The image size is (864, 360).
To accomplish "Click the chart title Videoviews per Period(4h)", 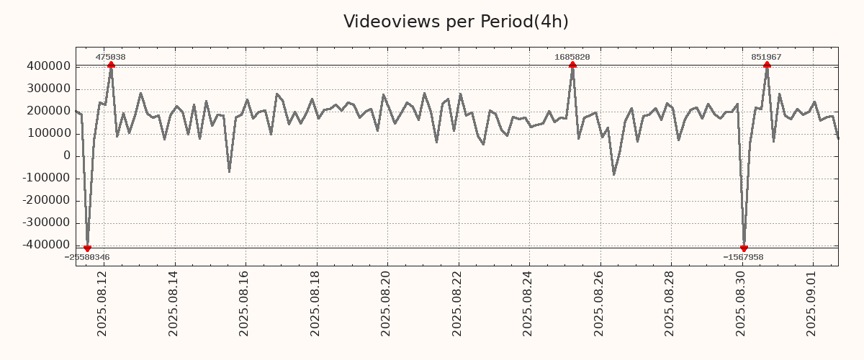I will click(456, 22).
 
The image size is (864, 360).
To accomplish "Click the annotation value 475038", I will click(111, 57).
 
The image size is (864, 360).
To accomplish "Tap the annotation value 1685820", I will click(572, 57).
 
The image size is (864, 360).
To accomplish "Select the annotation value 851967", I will click(766, 57).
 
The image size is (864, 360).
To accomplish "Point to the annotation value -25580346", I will click(87, 257).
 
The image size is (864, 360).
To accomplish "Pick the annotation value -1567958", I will click(743, 257).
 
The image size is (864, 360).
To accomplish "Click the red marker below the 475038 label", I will click(111, 65).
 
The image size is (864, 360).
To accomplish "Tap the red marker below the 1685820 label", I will click(572, 65).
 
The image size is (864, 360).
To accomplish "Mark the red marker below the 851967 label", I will click(767, 65).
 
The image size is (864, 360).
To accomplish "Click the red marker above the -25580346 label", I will click(87, 248).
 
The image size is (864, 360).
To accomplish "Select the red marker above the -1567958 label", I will click(744, 248).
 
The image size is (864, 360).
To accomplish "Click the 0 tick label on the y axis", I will click(67, 156).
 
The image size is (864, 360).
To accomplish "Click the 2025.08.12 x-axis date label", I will click(103, 303).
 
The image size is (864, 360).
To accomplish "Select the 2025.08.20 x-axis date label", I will click(387, 303).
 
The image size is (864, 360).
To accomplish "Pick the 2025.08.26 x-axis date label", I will click(600, 303).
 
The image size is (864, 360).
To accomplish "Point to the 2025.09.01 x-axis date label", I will click(813, 303).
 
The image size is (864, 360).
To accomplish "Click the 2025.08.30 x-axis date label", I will click(742, 303).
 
